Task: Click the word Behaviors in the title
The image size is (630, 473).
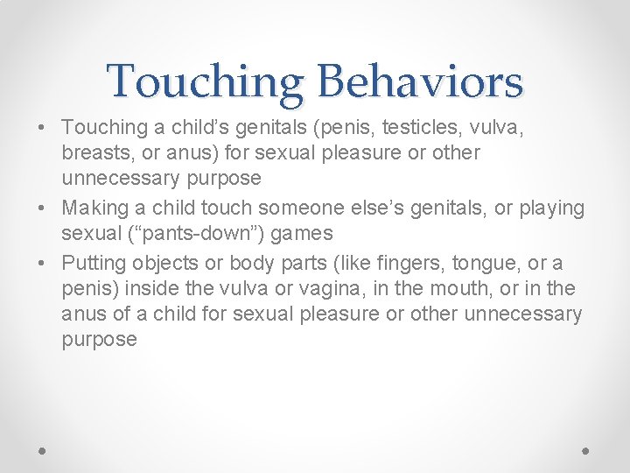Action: (420, 81)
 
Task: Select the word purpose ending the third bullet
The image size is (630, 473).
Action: (99, 341)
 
